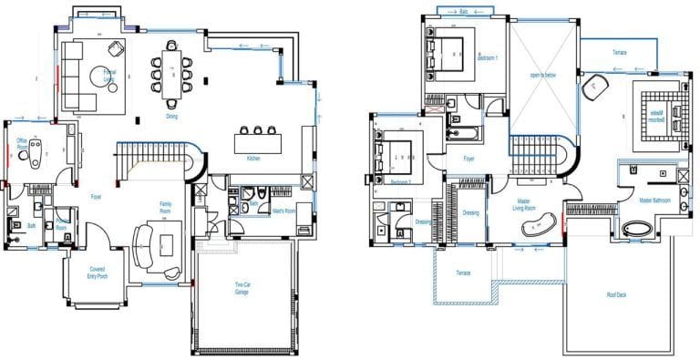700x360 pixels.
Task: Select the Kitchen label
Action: tap(254, 159)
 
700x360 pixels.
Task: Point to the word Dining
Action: tap(171, 116)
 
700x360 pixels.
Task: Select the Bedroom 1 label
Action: tap(489, 57)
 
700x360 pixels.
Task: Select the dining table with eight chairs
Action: tap(171, 71)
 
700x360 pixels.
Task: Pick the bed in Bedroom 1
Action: tap(448, 49)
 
